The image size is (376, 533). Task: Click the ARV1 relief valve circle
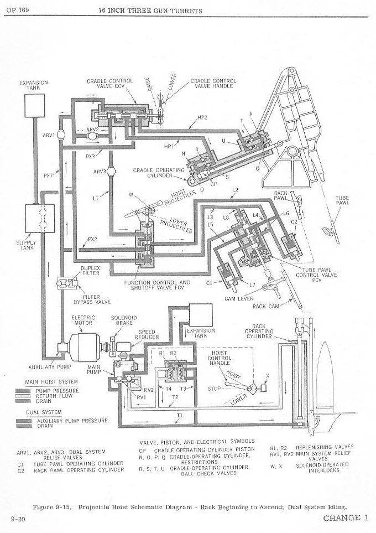(x=61, y=135)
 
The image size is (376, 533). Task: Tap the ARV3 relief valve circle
(x=111, y=172)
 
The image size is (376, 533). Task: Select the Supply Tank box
(x=40, y=218)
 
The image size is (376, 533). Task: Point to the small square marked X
(x=264, y=387)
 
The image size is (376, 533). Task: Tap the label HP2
(x=202, y=117)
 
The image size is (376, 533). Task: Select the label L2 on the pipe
(x=235, y=190)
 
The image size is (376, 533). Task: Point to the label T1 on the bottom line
(x=180, y=416)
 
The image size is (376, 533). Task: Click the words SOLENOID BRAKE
(x=124, y=320)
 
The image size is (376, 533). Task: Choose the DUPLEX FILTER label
(x=90, y=271)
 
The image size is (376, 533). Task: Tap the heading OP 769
(x=17, y=10)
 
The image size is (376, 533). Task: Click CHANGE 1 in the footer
(x=346, y=518)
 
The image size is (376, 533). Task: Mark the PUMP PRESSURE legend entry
(x=58, y=391)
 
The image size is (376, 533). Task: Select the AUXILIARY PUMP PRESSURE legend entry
(x=72, y=421)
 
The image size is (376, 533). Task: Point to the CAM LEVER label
(x=239, y=299)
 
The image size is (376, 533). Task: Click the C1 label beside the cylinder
(x=210, y=282)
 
